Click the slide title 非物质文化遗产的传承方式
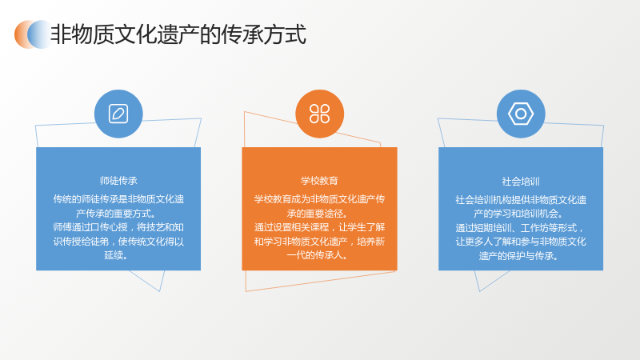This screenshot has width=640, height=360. tap(178, 34)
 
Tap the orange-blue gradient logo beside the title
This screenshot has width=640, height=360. tap(33, 34)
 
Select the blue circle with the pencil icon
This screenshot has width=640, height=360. tap(118, 114)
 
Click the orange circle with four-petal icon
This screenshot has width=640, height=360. tap(319, 114)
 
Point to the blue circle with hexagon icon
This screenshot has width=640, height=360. tap(521, 114)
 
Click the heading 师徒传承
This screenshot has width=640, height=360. tap(118, 181)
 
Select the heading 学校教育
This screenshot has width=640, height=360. tap(319, 181)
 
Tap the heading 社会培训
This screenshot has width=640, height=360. tap(521, 182)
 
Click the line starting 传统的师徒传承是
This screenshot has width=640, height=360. tap(118, 199)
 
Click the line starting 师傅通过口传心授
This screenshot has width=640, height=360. tap(118, 227)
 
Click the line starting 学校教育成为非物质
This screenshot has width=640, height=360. tap(319, 199)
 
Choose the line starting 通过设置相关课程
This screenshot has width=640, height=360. tap(319, 227)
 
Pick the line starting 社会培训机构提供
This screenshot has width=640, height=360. tap(521, 200)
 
